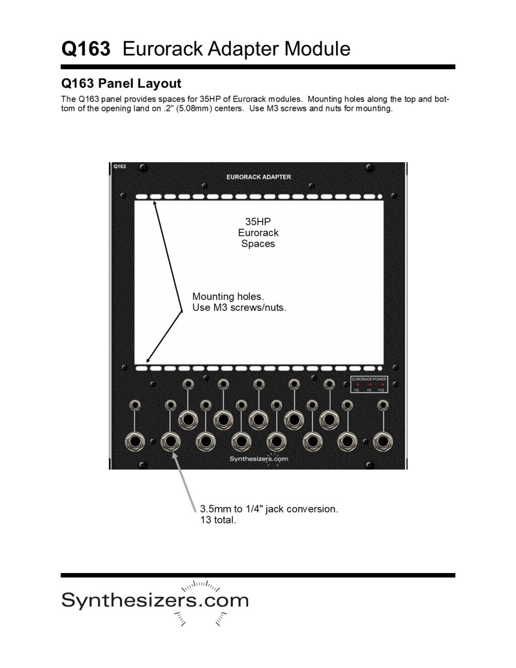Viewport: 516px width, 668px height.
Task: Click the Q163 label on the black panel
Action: pyautogui.click(x=119, y=166)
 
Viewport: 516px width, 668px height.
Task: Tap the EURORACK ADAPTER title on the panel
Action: pyautogui.click(x=259, y=177)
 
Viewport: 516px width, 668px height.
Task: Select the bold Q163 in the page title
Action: pyautogui.click(x=86, y=49)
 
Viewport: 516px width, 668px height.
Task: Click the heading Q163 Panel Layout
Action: pyautogui.click(x=121, y=84)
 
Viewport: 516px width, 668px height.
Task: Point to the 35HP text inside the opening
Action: pyautogui.click(x=258, y=221)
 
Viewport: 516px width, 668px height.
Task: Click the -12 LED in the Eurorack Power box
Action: pyautogui.click(x=357, y=385)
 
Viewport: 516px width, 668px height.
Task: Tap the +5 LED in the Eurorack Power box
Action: pyautogui.click(x=369, y=385)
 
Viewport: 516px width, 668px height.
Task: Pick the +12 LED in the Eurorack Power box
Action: pyautogui.click(x=381, y=385)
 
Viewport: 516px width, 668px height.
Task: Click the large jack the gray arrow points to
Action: pyautogui.click(x=170, y=442)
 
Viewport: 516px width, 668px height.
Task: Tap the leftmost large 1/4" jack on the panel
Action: pyautogui.click(x=135, y=442)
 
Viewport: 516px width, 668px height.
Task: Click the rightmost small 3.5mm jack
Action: pyautogui.click(x=382, y=405)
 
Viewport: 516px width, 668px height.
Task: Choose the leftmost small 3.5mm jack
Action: pyautogui.click(x=135, y=405)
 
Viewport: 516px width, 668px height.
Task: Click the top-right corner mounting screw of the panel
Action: pyautogui.click(x=369, y=168)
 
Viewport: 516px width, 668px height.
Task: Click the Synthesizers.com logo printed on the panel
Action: pyautogui.click(x=259, y=459)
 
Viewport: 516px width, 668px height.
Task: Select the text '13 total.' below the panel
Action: pyautogui.click(x=218, y=520)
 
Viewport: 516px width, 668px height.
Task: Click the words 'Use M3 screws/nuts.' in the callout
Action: pyautogui.click(x=239, y=308)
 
